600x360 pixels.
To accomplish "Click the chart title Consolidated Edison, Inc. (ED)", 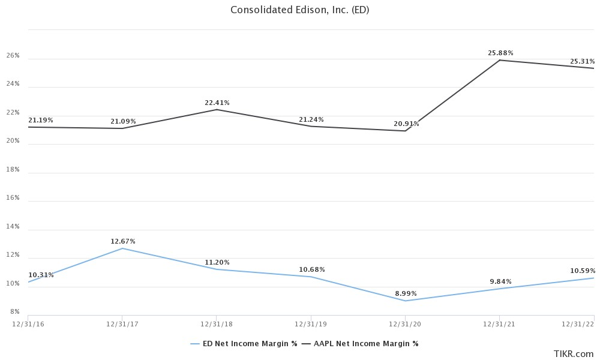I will (299, 10).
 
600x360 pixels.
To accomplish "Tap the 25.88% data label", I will (500, 53).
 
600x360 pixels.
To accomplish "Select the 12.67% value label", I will (123, 241).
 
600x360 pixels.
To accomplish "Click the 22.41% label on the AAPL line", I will (217, 103).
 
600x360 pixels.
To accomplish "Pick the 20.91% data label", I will (406, 124).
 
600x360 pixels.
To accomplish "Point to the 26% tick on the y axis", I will (13, 56).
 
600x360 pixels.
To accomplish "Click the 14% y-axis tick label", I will (13, 227).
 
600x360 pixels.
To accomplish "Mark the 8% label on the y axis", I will (14, 312).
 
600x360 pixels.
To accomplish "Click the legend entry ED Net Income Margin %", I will (244, 344).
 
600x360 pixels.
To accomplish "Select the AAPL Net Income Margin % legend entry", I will (360, 344).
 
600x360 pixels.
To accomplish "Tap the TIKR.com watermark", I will (574, 353).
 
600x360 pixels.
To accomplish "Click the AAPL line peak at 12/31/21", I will (500, 60).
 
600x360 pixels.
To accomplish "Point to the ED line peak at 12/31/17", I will (122, 248).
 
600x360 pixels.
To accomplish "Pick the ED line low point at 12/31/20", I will (406, 301).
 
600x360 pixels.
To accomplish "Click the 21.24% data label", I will (312, 119).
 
